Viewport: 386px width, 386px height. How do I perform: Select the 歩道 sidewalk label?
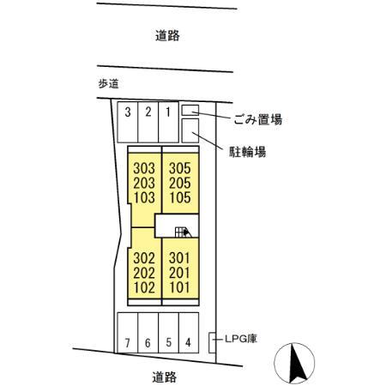tap(107, 84)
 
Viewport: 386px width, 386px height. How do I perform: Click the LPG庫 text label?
tap(241, 338)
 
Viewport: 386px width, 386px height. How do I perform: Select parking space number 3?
tap(127, 112)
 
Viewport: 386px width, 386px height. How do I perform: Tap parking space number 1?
tap(168, 112)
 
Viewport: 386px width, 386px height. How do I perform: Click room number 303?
tap(146, 168)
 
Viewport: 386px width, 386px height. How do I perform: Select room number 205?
tap(178, 183)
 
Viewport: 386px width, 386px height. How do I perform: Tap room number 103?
tap(146, 197)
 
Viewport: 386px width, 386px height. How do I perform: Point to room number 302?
tap(146, 257)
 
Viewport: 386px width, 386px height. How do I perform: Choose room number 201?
tap(178, 272)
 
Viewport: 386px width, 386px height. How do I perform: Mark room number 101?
tap(178, 286)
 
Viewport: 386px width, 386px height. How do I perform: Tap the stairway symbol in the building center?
tap(181, 230)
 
